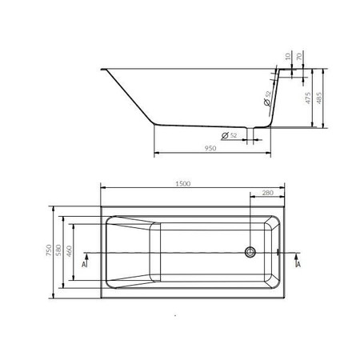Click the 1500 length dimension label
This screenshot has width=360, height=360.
point(183,183)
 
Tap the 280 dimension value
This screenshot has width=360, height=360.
point(267,193)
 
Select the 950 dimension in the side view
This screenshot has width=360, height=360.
point(210,148)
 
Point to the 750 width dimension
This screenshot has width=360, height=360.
point(49,250)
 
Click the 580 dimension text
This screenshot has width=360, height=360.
point(58,250)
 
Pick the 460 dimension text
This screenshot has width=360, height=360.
point(69,251)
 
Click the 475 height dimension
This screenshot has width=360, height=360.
point(308,98)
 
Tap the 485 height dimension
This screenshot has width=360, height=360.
point(319,98)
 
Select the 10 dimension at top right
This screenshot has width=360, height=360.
point(287,56)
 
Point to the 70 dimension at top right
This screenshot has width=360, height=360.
point(299,56)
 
